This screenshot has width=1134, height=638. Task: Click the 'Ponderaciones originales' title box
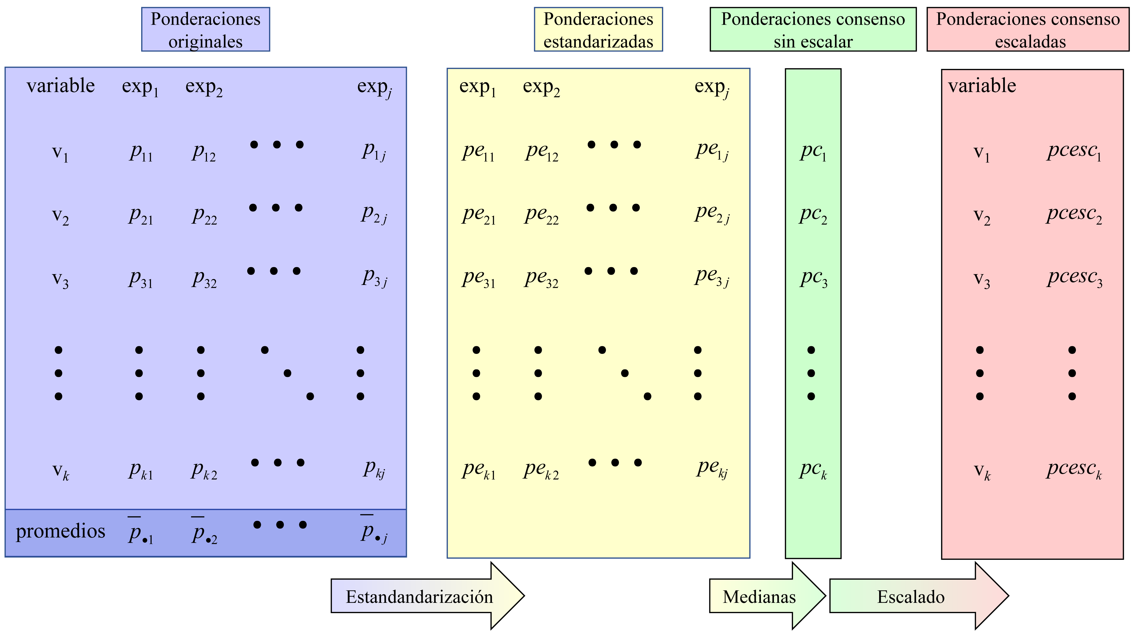click(205, 29)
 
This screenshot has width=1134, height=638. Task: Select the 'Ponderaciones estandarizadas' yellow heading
click(598, 29)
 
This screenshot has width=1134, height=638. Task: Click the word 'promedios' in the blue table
click(60, 531)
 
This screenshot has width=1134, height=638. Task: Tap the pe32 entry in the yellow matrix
click(541, 278)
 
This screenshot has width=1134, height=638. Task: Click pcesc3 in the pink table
click(1074, 278)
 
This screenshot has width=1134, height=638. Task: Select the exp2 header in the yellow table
click(541, 87)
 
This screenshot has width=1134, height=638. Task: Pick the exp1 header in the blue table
click(140, 87)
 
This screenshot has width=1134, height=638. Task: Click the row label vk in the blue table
click(60, 471)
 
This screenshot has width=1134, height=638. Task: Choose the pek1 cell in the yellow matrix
click(479, 470)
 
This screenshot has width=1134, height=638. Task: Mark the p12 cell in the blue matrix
click(204, 152)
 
